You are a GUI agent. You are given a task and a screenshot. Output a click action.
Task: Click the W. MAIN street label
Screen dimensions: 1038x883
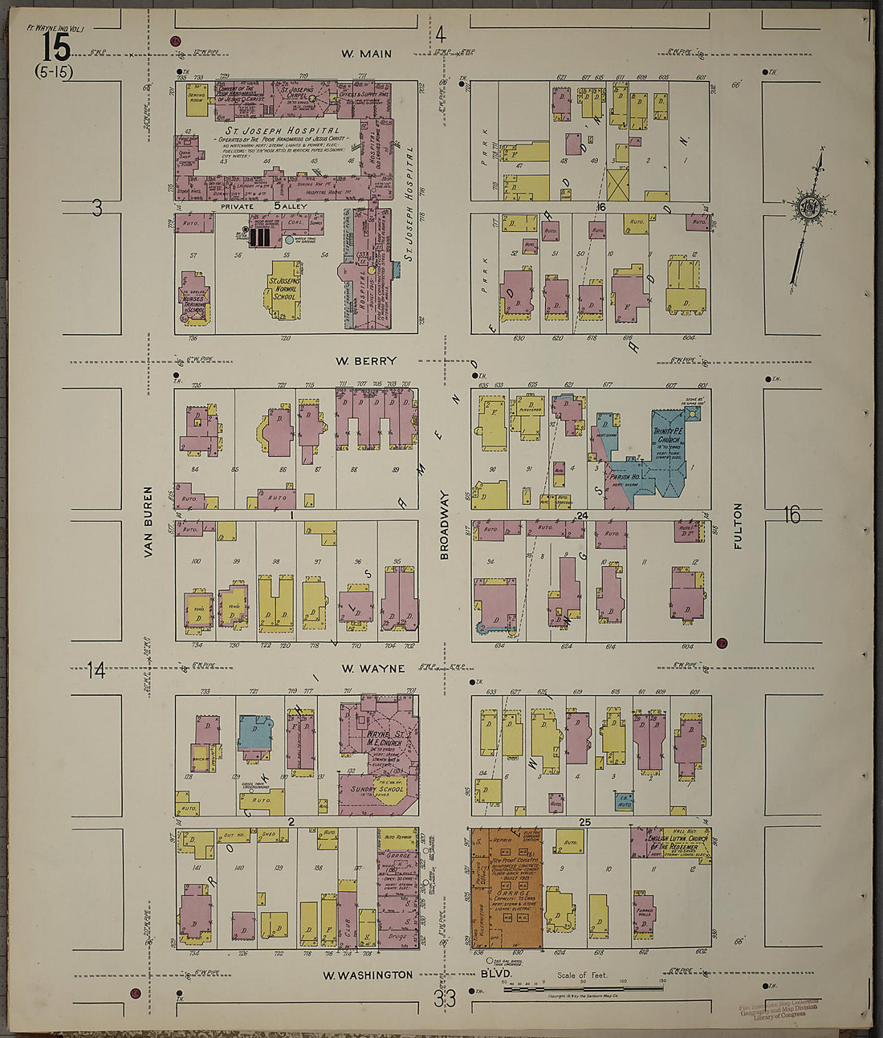(x=366, y=55)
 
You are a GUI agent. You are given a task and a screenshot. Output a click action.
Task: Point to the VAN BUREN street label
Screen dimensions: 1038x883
(x=148, y=522)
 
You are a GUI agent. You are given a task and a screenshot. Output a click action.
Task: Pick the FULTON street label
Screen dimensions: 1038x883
(x=738, y=526)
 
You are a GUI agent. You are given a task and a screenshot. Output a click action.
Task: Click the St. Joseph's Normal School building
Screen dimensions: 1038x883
(x=284, y=289)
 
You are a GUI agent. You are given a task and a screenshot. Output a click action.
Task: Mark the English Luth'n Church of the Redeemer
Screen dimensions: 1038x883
(x=669, y=843)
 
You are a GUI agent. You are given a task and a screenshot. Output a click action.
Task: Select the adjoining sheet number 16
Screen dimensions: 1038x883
(x=791, y=515)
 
